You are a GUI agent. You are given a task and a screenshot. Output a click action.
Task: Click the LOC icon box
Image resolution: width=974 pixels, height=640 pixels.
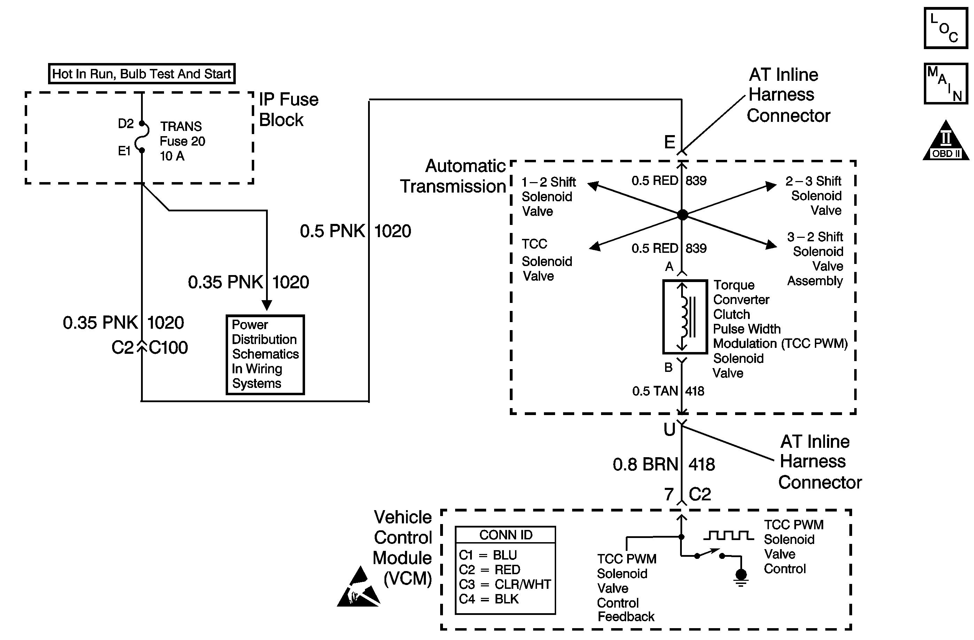click(945, 28)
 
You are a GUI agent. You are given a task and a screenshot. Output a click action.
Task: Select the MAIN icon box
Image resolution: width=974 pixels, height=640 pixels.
click(945, 84)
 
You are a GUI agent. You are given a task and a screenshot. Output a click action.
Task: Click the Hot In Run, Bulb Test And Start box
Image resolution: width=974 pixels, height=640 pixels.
click(142, 74)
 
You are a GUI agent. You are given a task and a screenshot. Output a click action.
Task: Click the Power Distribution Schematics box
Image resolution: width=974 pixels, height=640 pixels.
click(265, 354)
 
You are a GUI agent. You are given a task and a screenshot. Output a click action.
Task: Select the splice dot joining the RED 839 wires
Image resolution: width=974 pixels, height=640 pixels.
click(682, 214)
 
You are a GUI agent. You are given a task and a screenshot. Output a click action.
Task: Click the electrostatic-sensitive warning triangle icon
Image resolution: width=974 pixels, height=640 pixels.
click(358, 588)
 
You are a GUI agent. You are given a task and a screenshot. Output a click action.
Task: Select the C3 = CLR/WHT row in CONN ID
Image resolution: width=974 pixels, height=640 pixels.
click(505, 584)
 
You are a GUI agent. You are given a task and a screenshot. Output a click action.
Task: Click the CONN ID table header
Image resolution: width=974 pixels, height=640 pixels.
click(505, 535)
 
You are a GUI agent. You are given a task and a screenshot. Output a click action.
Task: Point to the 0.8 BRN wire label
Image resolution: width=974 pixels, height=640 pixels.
click(645, 465)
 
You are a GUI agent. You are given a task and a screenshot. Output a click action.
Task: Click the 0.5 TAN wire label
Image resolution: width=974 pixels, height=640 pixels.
click(655, 391)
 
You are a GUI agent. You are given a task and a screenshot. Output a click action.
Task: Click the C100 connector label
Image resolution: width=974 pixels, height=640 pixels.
click(168, 348)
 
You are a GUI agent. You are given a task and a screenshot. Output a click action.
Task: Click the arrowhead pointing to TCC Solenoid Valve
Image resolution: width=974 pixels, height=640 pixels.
click(595, 246)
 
